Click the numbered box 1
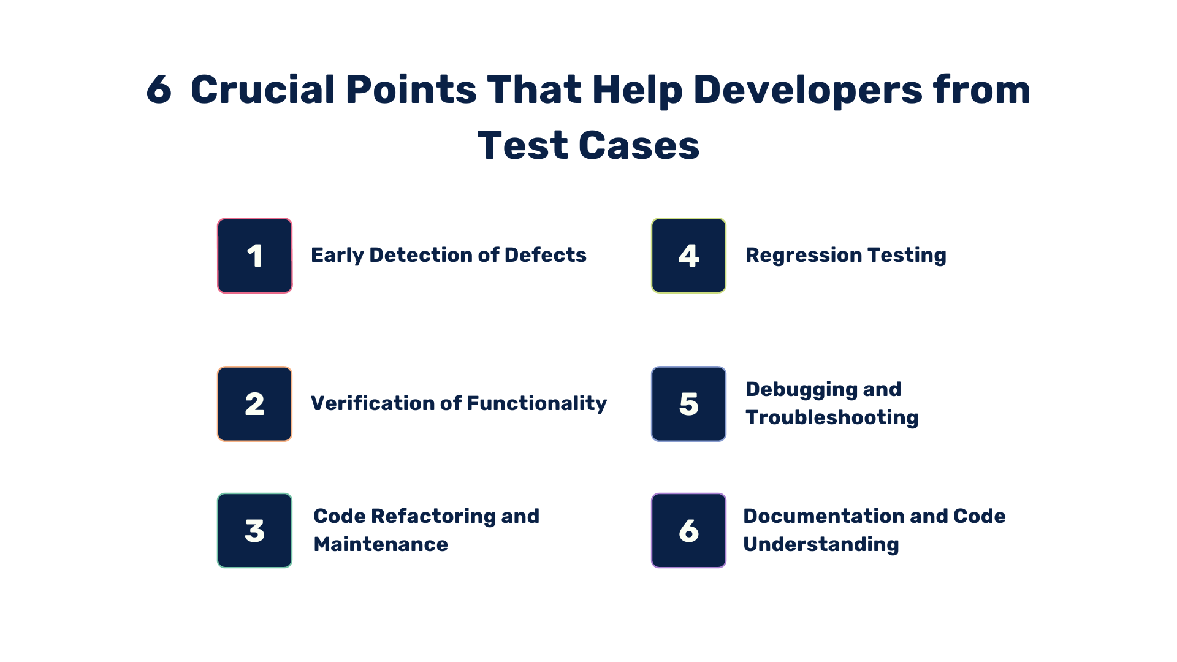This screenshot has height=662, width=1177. (x=255, y=256)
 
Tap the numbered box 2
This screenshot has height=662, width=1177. (x=255, y=404)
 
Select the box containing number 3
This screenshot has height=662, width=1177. (x=255, y=531)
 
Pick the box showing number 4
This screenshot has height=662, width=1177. (x=688, y=256)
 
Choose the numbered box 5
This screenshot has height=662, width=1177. (x=688, y=404)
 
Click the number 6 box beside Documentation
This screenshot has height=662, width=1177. (x=688, y=531)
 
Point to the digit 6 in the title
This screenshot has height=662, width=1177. (x=159, y=90)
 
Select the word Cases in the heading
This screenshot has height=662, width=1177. (x=639, y=146)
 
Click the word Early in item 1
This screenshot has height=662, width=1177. (x=337, y=255)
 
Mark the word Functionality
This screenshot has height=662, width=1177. (x=536, y=403)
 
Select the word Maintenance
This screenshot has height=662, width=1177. (x=381, y=544)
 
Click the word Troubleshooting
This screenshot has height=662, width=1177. (x=832, y=417)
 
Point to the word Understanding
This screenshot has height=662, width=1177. (x=821, y=544)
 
